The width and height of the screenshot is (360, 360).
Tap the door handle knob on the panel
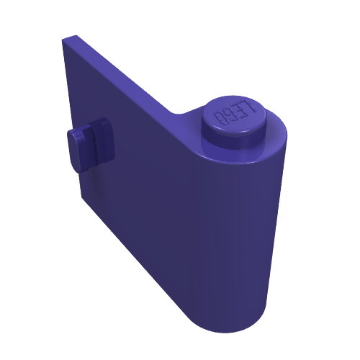coord(91,145)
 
